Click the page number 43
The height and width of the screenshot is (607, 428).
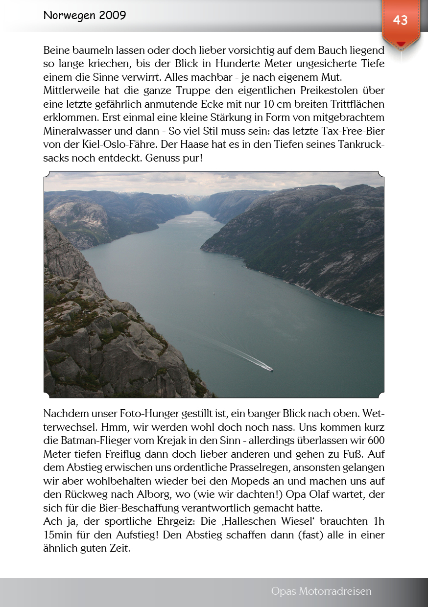click(x=400, y=20)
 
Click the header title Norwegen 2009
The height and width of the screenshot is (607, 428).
click(x=85, y=15)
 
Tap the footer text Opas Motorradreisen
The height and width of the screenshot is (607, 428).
click(x=321, y=591)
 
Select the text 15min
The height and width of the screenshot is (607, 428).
click(x=58, y=535)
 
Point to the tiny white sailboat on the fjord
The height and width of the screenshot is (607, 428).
click(x=214, y=294)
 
